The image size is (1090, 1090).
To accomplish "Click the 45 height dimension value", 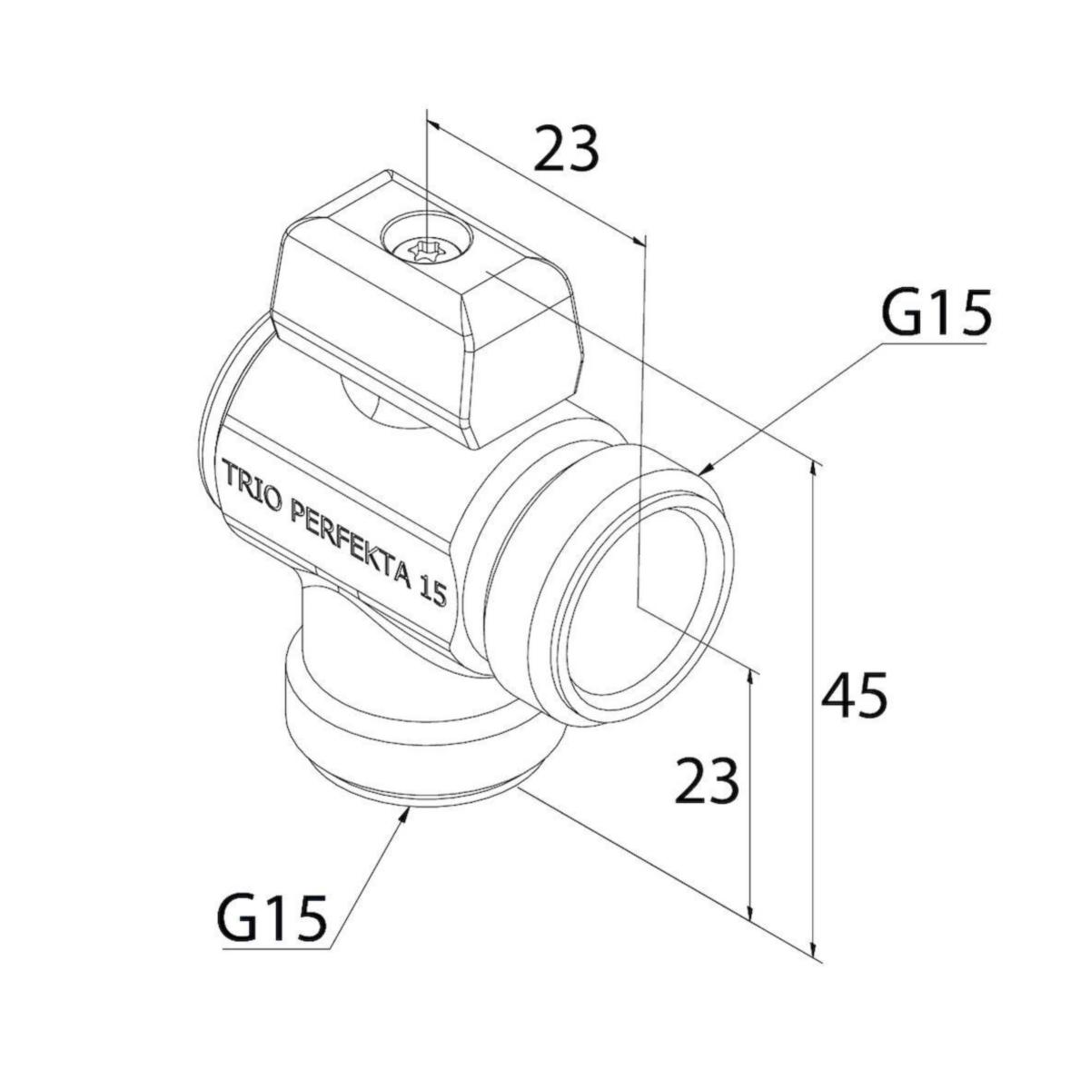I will coord(853,698).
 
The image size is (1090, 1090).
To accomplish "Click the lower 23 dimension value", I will coord(707,782).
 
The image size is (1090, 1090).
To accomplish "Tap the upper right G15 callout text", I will coord(936,314).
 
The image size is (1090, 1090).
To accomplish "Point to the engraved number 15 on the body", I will coord(432,591).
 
